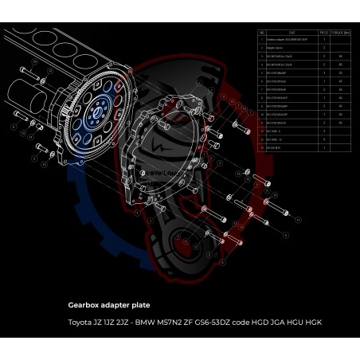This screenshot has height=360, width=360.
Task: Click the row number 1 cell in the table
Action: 262,40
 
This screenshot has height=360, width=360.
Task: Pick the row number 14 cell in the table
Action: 262,148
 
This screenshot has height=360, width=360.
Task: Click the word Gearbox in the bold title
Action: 86,304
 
